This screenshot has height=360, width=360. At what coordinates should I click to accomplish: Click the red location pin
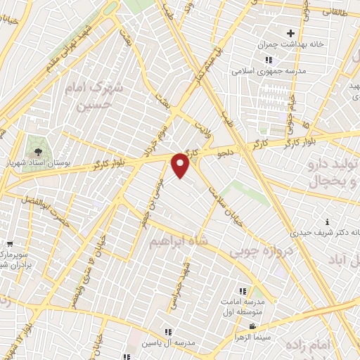pyautogui.click(x=181, y=166)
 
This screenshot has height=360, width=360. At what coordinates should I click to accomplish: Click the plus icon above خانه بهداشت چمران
pyautogui.click(x=290, y=33)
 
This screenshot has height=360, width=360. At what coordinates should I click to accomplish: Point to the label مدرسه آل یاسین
pyautogui.click(x=169, y=342)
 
